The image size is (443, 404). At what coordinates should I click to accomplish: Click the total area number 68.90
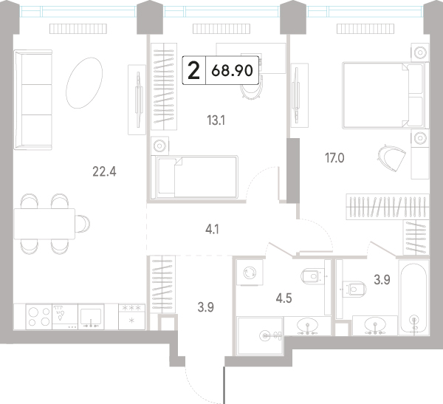(232, 70)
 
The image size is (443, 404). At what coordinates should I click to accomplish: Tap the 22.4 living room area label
(104, 171)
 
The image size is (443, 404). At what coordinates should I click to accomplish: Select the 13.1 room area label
(216, 120)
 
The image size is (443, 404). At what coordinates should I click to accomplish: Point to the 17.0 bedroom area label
(334, 158)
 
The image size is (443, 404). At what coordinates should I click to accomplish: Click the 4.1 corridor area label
(212, 230)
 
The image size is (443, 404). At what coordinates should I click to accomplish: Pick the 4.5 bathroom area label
(284, 298)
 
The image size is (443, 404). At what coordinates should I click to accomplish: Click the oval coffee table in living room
(84, 83)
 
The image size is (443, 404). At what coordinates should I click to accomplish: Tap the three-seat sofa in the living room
(33, 100)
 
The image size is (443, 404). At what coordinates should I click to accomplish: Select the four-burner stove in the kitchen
(39, 317)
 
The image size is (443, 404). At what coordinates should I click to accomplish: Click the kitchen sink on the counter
(91, 317)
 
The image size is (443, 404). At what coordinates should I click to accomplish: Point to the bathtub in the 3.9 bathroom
(413, 298)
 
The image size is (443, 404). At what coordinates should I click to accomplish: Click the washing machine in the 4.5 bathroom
(250, 273)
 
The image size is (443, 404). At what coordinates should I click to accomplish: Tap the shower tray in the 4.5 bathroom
(260, 336)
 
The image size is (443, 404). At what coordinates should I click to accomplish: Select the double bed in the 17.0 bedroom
(385, 95)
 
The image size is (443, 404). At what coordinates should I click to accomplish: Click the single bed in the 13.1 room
(194, 177)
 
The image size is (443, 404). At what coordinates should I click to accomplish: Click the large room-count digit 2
(194, 70)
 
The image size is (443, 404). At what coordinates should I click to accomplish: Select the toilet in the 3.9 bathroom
(354, 289)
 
